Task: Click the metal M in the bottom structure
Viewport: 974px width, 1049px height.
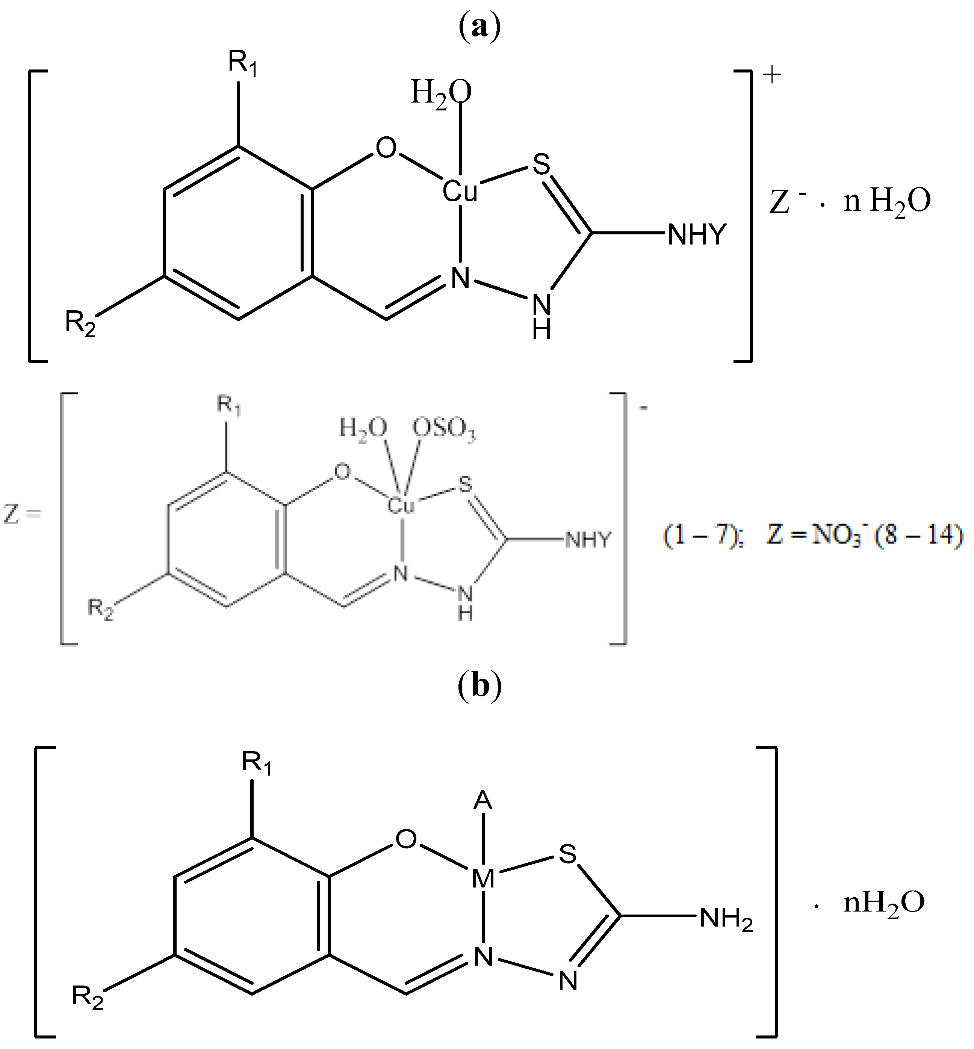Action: point(483,878)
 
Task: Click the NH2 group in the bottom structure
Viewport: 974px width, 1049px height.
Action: point(726,918)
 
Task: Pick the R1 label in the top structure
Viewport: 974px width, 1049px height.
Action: point(242,63)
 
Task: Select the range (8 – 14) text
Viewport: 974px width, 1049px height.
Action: point(919,535)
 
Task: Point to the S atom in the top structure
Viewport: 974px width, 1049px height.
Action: point(541,165)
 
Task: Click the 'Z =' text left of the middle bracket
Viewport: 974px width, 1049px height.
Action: point(22,514)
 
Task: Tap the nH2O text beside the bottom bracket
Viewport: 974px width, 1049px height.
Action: point(884,903)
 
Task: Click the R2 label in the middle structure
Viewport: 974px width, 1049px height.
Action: point(100,610)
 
